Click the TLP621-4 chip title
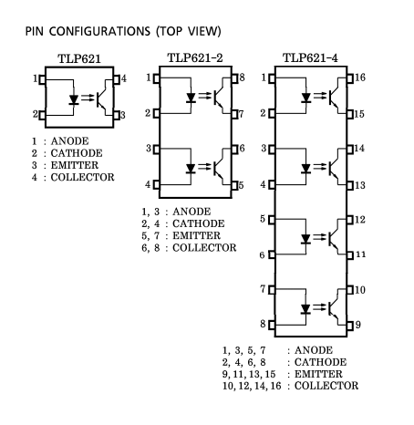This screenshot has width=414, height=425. (x=310, y=57)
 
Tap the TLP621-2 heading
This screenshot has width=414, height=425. (x=195, y=57)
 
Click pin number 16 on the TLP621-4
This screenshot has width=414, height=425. (x=360, y=78)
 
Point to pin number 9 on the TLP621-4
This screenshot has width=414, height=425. (x=358, y=325)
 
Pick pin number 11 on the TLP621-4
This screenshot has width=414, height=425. (x=360, y=254)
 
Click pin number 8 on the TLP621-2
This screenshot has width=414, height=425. (x=242, y=78)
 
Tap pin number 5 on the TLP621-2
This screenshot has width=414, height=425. (x=241, y=185)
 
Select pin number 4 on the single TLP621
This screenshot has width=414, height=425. (x=123, y=78)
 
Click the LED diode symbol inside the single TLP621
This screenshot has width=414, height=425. (x=74, y=99)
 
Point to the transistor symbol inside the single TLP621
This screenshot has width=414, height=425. (x=103, y=98)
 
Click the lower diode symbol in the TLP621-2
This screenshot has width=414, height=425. (x=191, y=168)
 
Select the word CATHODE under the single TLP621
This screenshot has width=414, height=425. (x=77, y=153)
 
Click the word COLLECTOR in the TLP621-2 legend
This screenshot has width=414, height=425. (x=204, y=248)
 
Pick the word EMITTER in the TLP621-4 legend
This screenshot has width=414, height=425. (x=318, y=374)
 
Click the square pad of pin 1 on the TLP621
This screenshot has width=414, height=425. (x=42, y=80)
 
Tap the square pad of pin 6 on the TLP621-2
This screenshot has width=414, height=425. (x=234, y=150)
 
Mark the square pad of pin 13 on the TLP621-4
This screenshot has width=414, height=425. (x=350, y=185)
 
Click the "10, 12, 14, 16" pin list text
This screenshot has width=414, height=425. (x=252, y=386)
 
